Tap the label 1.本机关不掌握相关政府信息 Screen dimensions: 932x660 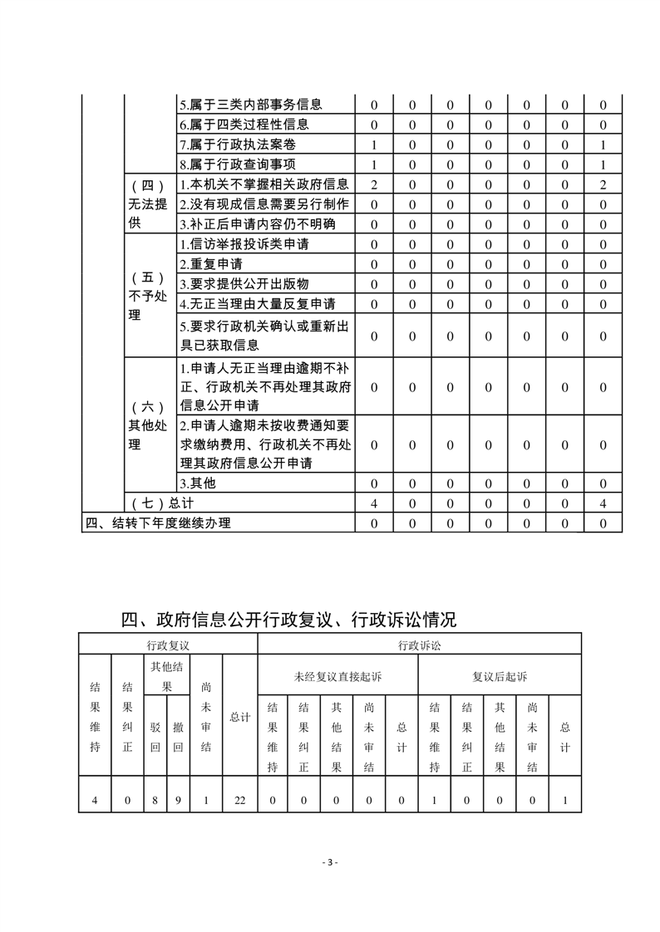[264, 184]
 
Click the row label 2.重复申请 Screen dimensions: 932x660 [211, 264]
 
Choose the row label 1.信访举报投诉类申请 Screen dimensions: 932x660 [244, 244]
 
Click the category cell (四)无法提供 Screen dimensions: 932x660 [150, 204]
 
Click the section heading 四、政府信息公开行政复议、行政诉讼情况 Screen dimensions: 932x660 [288, 620]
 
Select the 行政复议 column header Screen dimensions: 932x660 [168, 645]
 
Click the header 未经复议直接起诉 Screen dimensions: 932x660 [337, 677]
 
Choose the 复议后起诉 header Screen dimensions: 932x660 [500, 677]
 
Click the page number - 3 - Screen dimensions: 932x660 [330, 862]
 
